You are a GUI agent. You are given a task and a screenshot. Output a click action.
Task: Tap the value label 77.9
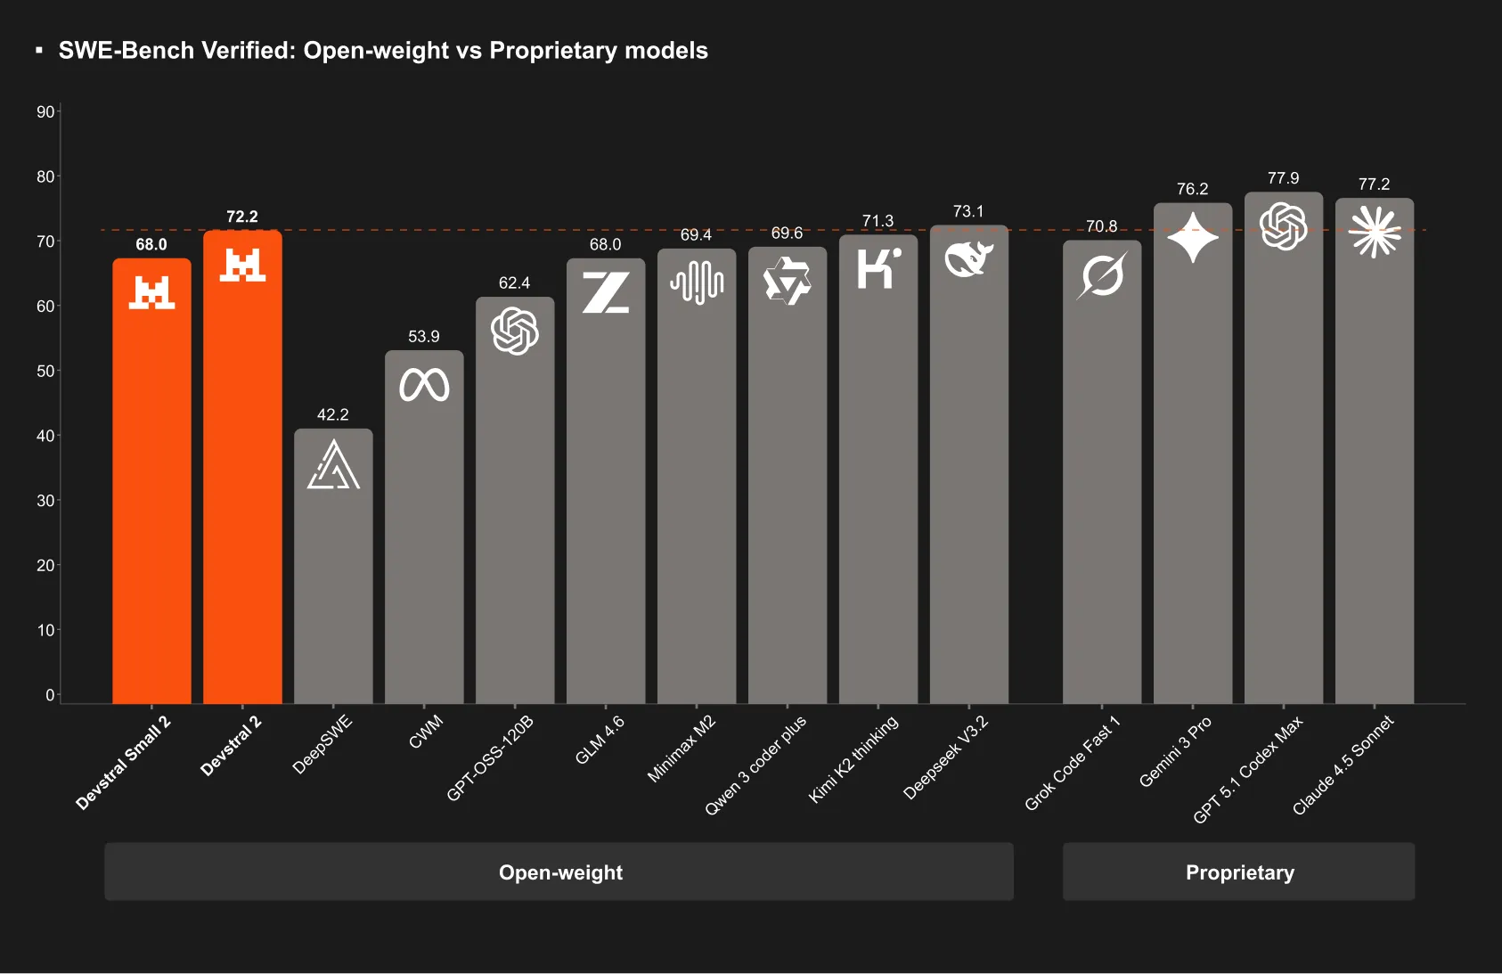pos(1283,178)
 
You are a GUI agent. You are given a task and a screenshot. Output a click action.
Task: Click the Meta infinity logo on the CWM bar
pos(424,385)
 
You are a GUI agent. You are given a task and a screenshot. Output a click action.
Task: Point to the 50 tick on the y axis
pos(45,371)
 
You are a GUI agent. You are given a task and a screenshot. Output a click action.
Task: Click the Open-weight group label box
pos(559,872)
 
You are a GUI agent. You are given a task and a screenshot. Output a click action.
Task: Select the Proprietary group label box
pos(1238,872)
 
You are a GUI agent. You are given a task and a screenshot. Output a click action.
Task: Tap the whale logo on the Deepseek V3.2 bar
pos(968,259)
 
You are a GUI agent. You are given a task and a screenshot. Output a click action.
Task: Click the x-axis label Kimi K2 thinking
pos(853,758)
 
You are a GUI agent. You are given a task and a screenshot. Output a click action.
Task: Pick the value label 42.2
pos(332,414)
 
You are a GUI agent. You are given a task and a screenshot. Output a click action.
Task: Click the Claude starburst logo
pos(1375,232)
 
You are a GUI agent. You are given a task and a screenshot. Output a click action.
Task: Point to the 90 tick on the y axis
pos(45,111)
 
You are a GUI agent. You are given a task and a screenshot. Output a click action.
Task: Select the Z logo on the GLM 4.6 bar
pos(606,292)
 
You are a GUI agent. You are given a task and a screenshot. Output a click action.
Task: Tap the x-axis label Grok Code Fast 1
pos(1072,763)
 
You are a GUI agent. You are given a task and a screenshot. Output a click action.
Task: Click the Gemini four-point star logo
pos(1193,237)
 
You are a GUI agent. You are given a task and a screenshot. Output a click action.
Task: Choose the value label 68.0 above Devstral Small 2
pos(151,244)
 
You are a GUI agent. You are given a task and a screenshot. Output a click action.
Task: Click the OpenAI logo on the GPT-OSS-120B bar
pos(515,331)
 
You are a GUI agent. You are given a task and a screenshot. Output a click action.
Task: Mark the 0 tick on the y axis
pos(50,695)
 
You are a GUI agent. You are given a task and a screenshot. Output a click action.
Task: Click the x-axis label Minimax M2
pos(682,749)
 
